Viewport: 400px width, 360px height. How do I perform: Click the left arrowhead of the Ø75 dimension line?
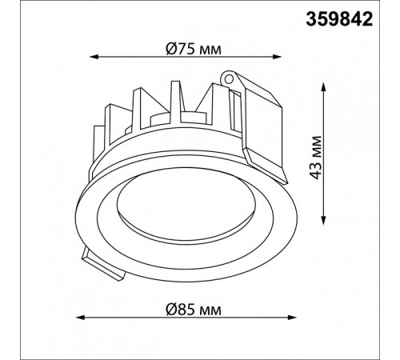point(90,57)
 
